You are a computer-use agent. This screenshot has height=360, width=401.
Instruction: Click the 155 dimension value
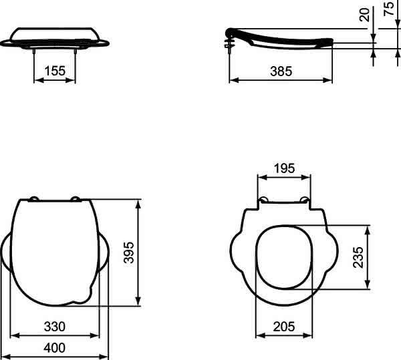pos(55,71)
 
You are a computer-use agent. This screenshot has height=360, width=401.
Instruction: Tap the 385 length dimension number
pos(281,71)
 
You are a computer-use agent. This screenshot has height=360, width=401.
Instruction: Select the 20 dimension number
pos(365,15)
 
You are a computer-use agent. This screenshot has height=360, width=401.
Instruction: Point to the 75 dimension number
pos(389,9)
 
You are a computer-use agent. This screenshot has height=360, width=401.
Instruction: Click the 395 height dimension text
pos(128,252)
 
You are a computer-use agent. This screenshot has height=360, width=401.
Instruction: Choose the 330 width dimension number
pos(55,327)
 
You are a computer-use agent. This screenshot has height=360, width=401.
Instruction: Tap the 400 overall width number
pos(55,348)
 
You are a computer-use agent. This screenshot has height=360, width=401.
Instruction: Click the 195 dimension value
pos(284,168)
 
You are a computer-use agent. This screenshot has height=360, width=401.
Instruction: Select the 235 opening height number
pos(358,257)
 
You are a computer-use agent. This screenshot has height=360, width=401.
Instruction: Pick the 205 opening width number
pos(284,327)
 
